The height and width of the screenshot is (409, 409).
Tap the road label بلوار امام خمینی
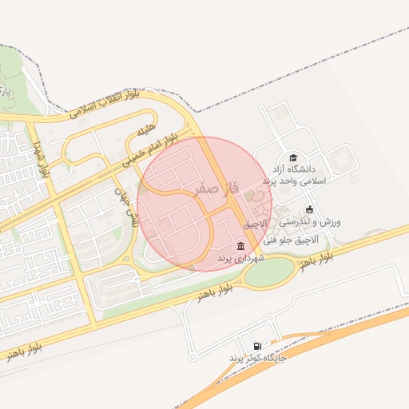[x=148, y=147]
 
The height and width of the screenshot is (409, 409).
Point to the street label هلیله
[x=145, y=129]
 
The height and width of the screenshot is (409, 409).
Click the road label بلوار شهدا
[x=41, y=157]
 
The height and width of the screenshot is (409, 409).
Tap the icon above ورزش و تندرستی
[x=310, y=209]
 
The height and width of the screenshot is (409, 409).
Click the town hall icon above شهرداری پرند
[x=240, y=245]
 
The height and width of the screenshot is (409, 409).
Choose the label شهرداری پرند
[x=240, y=258]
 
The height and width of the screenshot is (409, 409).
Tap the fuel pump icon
[x=256, y=346]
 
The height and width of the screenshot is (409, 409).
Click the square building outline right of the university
[x=343, y=164]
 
